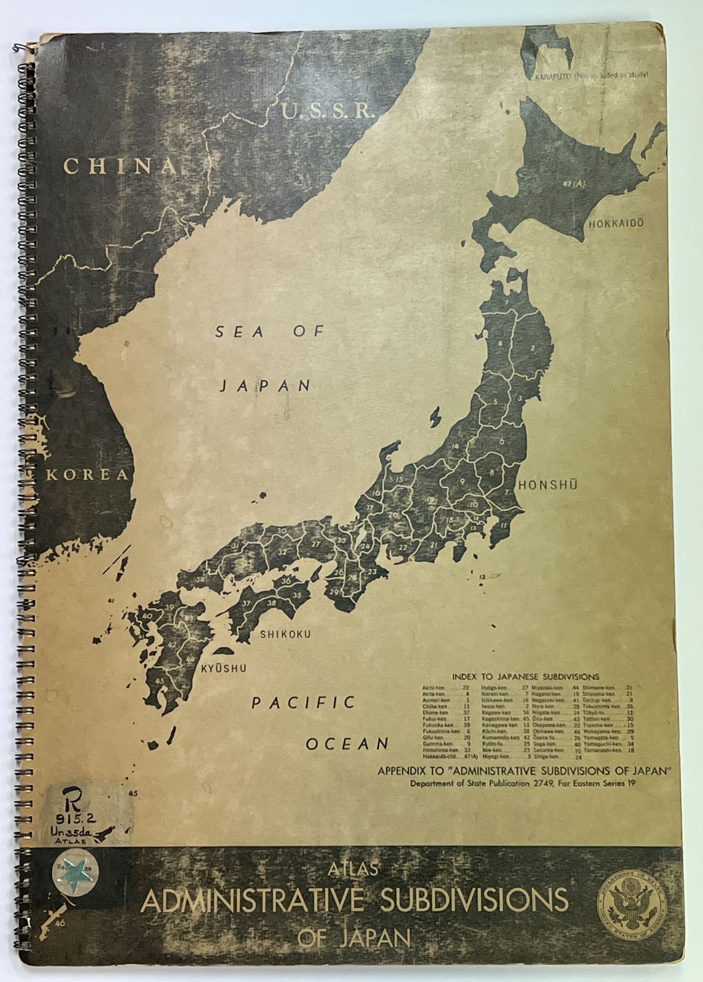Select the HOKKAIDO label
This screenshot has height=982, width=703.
point(616,223)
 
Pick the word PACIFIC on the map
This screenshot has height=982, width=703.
point(304,703)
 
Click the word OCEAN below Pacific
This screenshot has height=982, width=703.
point(347,744)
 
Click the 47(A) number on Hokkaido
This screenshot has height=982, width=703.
point(576,184)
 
